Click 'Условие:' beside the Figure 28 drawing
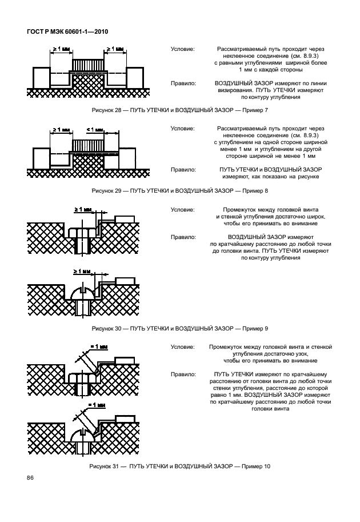point(182,50)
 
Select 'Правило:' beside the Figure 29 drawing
point(182,170)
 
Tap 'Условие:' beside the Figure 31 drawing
point(182,347)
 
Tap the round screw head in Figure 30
point(84,294)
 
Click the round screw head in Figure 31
point(84,436)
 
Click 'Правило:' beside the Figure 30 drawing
point(182,235)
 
